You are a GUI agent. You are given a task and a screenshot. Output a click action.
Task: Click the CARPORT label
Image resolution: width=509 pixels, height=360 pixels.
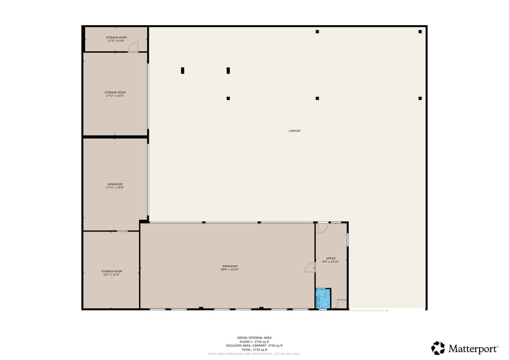(295, 131)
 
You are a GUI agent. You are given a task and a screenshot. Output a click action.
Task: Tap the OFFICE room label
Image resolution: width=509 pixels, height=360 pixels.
(331, 258)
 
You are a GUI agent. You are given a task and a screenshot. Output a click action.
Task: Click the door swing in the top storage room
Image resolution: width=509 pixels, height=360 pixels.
(133, 48)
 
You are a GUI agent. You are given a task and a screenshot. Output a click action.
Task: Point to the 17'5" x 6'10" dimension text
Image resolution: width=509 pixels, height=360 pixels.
(116, 41)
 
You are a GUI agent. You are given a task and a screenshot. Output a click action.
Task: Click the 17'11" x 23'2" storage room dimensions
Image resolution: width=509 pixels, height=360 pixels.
(115, 96)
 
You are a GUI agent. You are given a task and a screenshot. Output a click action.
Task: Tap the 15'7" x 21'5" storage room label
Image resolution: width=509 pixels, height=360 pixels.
(111, 274)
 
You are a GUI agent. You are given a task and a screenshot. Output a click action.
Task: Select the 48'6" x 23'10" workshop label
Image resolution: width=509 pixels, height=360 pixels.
(230, 269)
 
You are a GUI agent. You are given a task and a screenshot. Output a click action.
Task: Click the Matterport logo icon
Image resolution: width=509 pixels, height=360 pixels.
(438, 348)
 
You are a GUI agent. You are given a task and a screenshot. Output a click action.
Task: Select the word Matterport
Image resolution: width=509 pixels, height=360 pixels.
(473, 348)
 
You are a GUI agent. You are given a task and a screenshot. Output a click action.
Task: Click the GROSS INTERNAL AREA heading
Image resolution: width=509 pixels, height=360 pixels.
(254, 337)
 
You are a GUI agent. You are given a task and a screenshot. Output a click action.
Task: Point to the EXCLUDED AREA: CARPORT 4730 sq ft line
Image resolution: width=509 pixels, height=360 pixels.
(254, 345)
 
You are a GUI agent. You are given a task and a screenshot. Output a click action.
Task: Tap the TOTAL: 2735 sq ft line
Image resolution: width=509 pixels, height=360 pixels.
(254, 349)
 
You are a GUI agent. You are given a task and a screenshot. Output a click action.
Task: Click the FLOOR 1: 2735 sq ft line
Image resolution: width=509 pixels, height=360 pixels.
(254, 341)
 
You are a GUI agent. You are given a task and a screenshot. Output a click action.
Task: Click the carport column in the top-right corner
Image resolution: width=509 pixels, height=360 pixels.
(420, 32)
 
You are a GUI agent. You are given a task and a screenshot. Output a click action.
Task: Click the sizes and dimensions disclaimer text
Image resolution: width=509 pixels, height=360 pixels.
(254, 353)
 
